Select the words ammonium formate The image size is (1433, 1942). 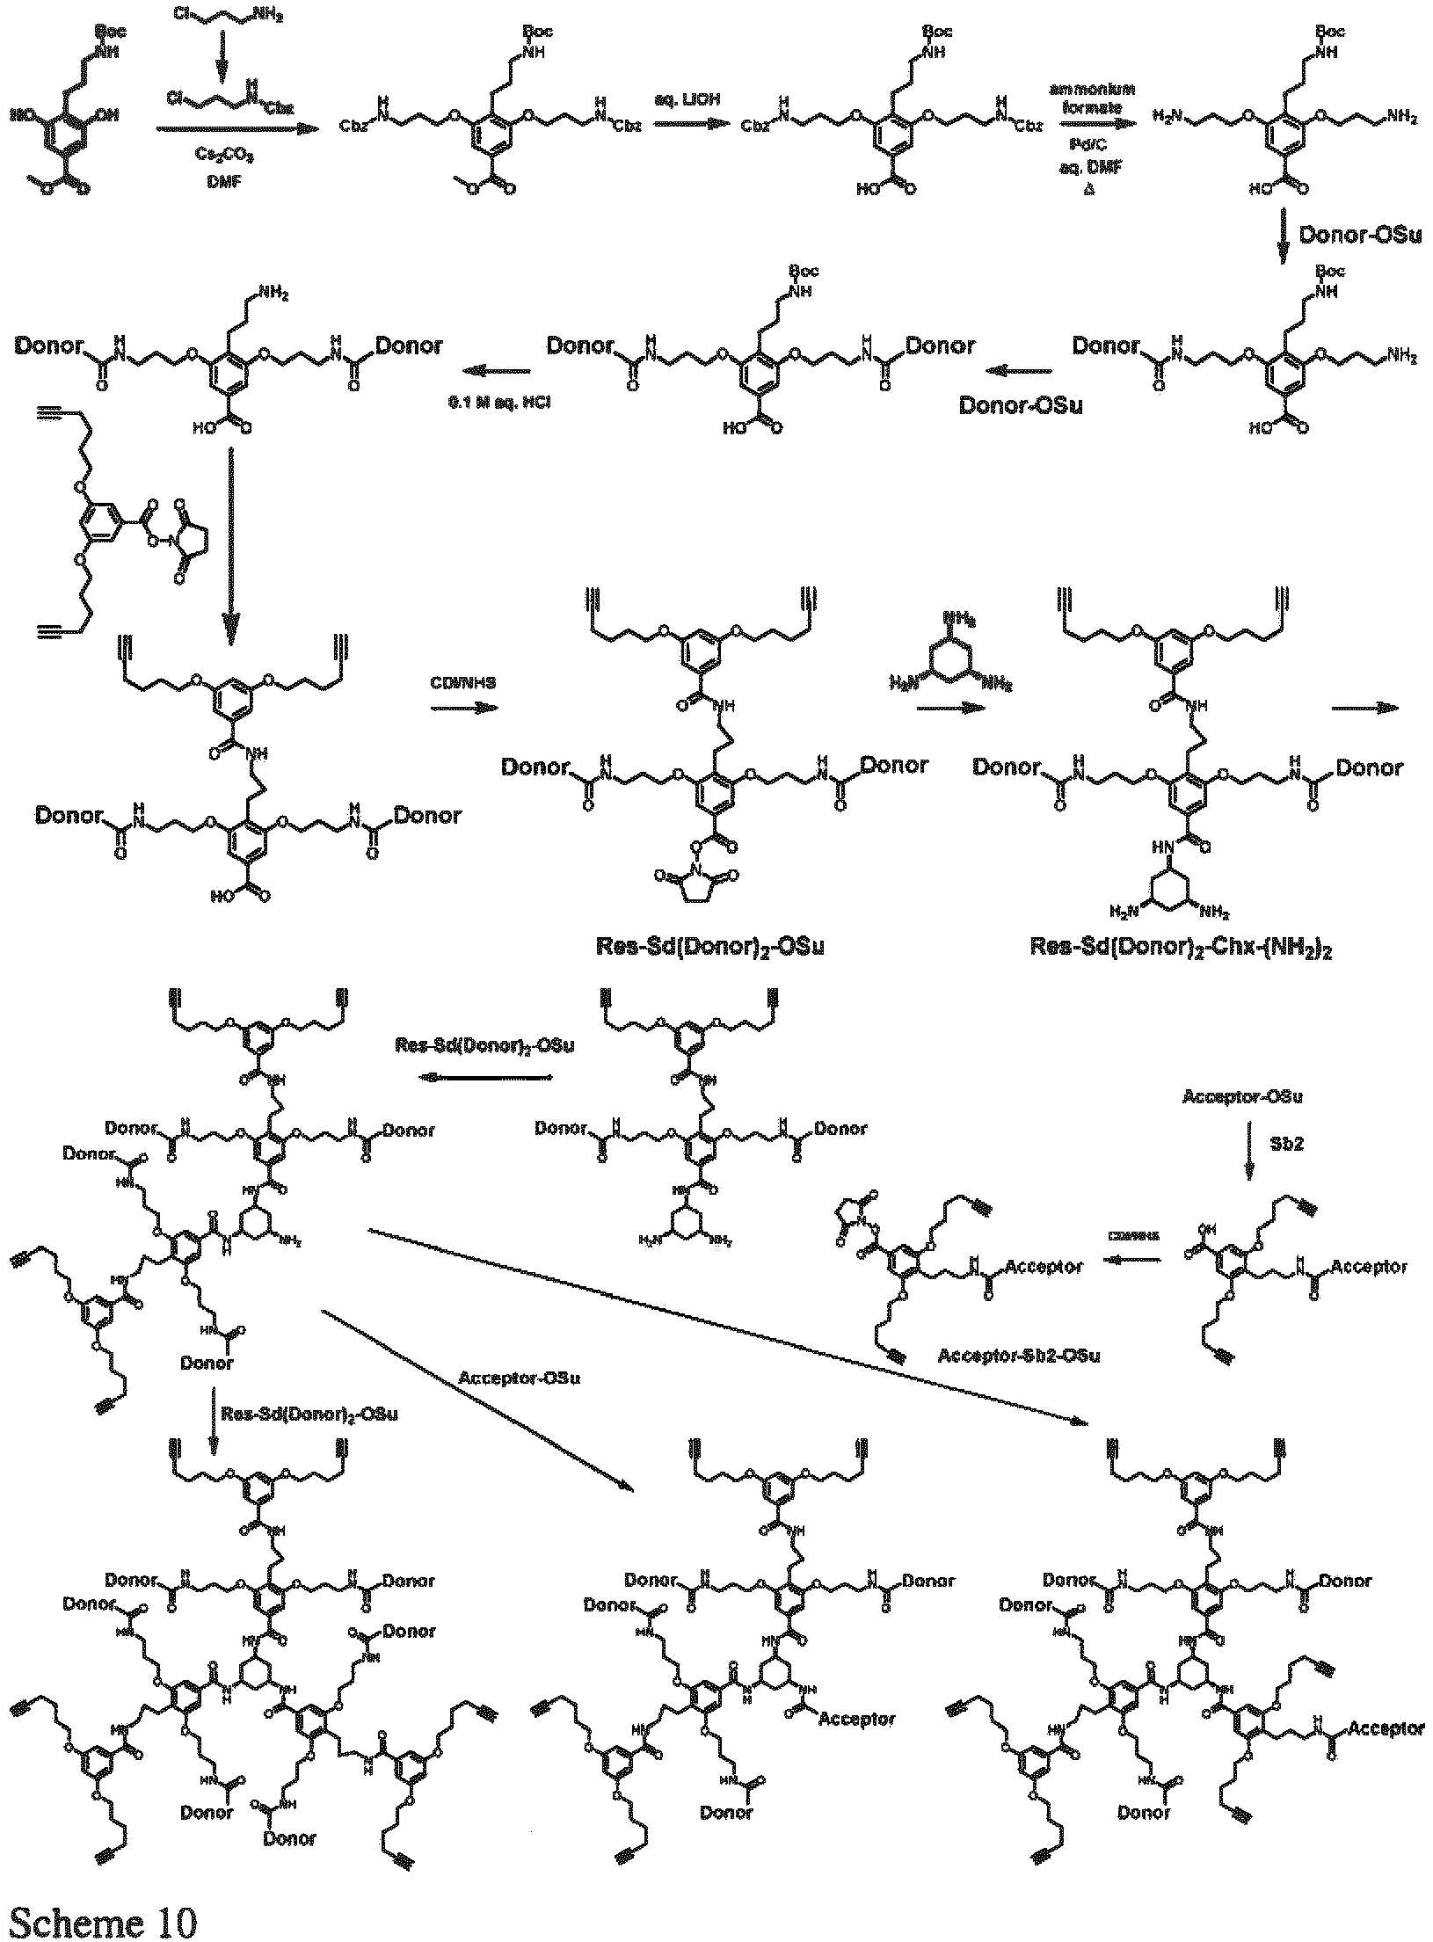tap(1092, 97)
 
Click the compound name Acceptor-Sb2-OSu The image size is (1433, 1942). tap(1019, 1355)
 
